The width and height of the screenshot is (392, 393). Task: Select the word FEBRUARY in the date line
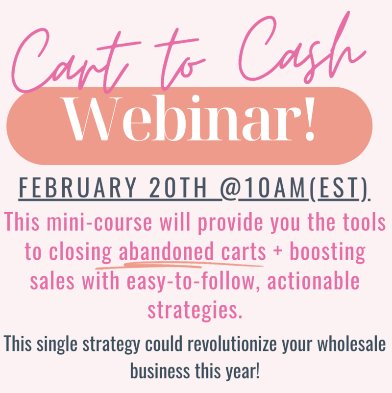[x=78, y=188]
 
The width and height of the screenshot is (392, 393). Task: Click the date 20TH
[x=178, y=188]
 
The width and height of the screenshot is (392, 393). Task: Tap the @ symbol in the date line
[x=229, y=187]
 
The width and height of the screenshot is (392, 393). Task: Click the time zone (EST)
[x=339, y=189]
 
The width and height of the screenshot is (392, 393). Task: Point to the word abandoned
[x=166, y=251]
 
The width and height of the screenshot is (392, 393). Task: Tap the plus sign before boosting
[x=278, y=251]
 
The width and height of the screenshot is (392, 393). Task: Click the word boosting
[x=328, y=252]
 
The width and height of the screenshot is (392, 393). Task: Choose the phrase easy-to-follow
[x=193, y=281]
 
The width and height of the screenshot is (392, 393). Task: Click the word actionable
[x=313, y=280]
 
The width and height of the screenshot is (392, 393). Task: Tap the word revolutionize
[x=232, y=344]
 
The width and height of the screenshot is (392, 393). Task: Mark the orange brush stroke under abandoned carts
[x=179, y=265]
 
